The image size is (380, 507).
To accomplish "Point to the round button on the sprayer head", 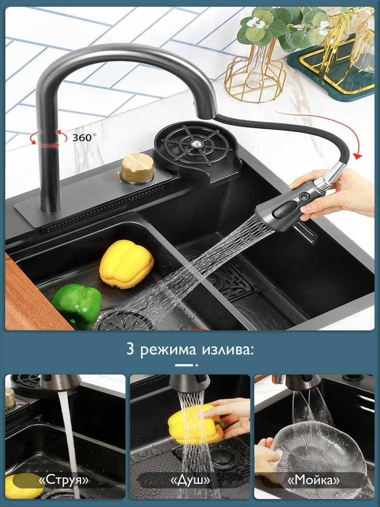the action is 302,197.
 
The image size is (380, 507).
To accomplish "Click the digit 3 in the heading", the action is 130,349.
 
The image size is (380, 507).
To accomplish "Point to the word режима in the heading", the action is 168,350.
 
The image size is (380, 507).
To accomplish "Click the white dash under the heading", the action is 184,365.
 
